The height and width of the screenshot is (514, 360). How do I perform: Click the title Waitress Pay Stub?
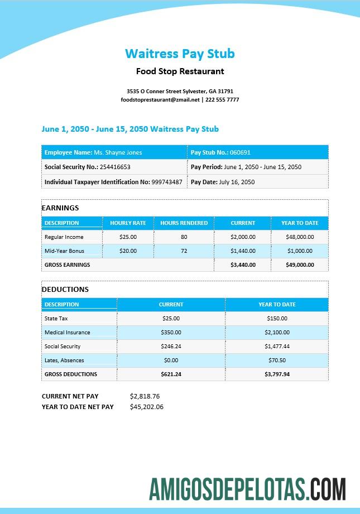180,54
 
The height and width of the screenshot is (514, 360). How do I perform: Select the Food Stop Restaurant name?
180,71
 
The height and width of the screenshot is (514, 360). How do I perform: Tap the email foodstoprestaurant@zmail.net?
160,99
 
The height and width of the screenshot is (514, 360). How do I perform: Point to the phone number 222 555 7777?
222,99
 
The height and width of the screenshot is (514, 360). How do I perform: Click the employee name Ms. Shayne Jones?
118,152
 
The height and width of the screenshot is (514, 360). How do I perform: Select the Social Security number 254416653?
115,167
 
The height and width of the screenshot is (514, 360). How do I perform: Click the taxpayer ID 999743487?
166,182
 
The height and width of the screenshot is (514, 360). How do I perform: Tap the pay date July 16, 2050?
237,182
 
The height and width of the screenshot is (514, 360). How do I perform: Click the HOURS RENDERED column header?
184,223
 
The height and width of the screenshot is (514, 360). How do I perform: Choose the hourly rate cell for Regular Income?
128,237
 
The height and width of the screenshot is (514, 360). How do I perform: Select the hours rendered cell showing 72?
184,251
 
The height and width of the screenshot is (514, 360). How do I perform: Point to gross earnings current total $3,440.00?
243,265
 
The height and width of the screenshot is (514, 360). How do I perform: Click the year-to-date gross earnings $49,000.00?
300,265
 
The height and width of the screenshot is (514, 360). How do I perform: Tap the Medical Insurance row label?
67,332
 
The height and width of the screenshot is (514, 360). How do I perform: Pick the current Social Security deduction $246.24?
171,346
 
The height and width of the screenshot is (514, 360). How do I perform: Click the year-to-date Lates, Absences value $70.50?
277,360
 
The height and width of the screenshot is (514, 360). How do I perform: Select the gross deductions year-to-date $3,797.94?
277,374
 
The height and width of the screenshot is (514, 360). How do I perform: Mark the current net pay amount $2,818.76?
145,396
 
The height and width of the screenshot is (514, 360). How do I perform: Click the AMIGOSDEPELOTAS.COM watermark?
247,489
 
